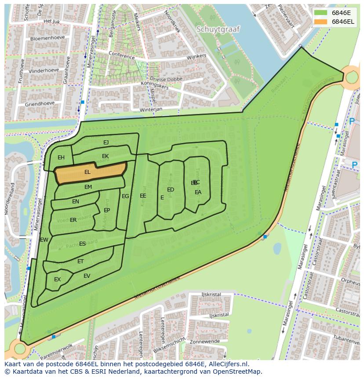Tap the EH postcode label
tap(61, 158)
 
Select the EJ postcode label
tap(106, 143)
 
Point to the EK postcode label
tap(105, 156)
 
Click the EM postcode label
tap(88, 187)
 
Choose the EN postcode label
tap(76, 202)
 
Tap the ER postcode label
tap(73, 220)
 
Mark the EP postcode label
tap(107, 210)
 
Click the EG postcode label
tap(125, 196)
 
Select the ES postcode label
tap(82, 244)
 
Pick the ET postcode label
tap(80, 261)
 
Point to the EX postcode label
tap(57, 280)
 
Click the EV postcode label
tap(87, 276)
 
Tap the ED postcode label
tap(171, 190)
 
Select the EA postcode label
tap(198, 192)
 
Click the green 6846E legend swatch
tap(321, 13)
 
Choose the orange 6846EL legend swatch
tap(321, 22)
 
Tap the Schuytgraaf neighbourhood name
tap(218, 29)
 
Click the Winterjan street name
tap(151, 109)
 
